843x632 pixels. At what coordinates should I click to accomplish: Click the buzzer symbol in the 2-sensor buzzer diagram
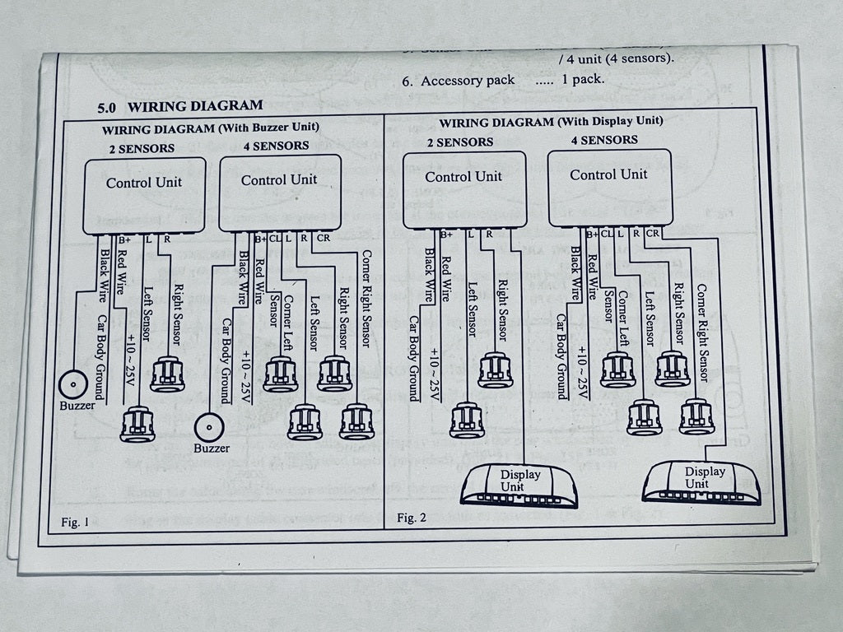point(73,383)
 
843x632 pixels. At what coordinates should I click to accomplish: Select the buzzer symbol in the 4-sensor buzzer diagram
point(209,427)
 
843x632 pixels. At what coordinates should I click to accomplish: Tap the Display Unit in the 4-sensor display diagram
point(701,481)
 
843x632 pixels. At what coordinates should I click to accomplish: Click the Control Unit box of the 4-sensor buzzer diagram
point(279,192)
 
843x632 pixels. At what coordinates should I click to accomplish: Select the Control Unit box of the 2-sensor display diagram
point(463,188)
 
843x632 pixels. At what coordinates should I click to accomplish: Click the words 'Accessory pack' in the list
point(468,81)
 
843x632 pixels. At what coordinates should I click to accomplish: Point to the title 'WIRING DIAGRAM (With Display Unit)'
point(551,122)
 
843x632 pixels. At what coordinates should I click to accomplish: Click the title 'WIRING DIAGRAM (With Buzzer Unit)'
point(210,128)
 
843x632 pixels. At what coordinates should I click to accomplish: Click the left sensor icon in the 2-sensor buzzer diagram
point(137,423)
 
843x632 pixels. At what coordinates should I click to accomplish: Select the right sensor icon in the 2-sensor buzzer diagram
point(167,373)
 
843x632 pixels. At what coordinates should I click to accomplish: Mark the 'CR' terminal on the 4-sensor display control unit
point(653,233)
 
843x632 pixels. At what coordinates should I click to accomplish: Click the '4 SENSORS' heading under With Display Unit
point(604,140)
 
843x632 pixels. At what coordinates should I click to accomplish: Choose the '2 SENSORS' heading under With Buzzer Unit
point(142,148)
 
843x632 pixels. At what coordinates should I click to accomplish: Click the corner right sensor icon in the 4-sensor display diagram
point(696,415)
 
